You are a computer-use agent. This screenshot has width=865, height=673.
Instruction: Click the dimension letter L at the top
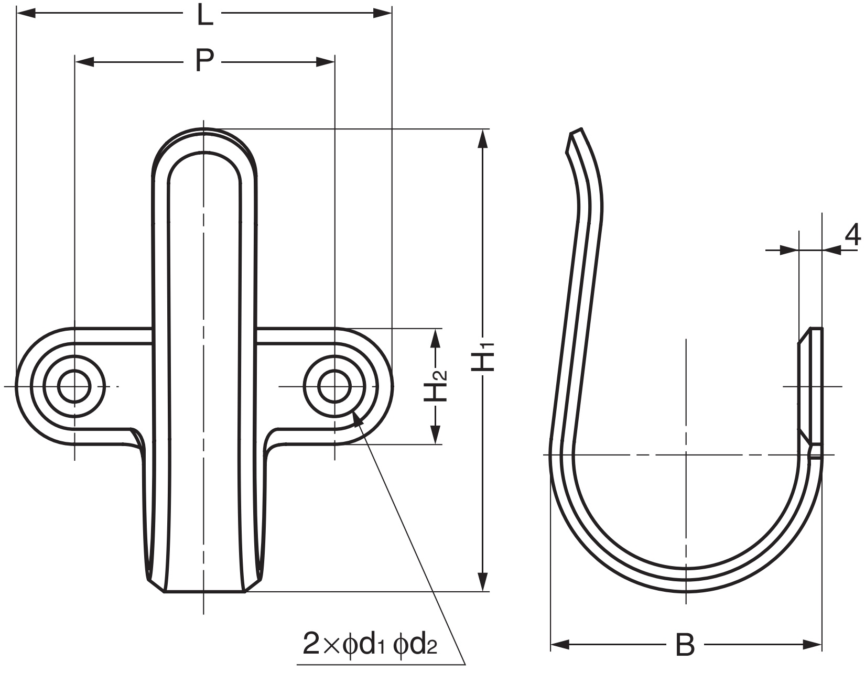click(205, 15)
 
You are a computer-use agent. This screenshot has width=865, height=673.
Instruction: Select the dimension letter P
click(204, 62)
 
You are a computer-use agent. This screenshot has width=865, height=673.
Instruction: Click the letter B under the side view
click(685, 645)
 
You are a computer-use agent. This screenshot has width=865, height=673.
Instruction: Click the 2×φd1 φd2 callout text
click(370, 644)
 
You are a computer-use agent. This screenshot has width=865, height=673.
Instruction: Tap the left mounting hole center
click(74, 387)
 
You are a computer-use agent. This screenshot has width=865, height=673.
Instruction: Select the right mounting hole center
click(334, 387)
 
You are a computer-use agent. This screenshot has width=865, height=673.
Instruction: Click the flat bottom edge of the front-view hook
click(204, 592)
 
